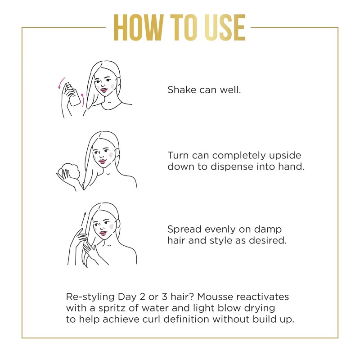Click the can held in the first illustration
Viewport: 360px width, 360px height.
point(75,94)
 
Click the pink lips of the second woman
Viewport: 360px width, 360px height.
point(102,161)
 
